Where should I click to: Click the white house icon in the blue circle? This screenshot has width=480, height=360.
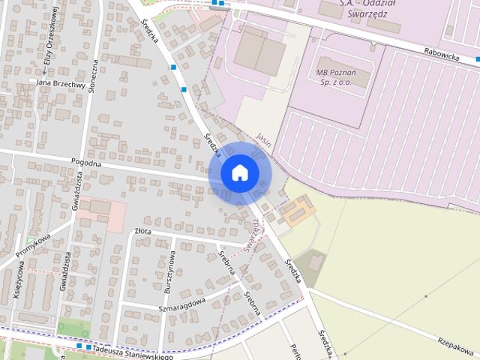point(240,173)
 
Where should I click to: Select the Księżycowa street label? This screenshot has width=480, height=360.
point(16,285)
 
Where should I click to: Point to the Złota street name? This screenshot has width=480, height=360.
point(142,232)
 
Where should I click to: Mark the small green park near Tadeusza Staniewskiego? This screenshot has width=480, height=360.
point(73,328)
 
